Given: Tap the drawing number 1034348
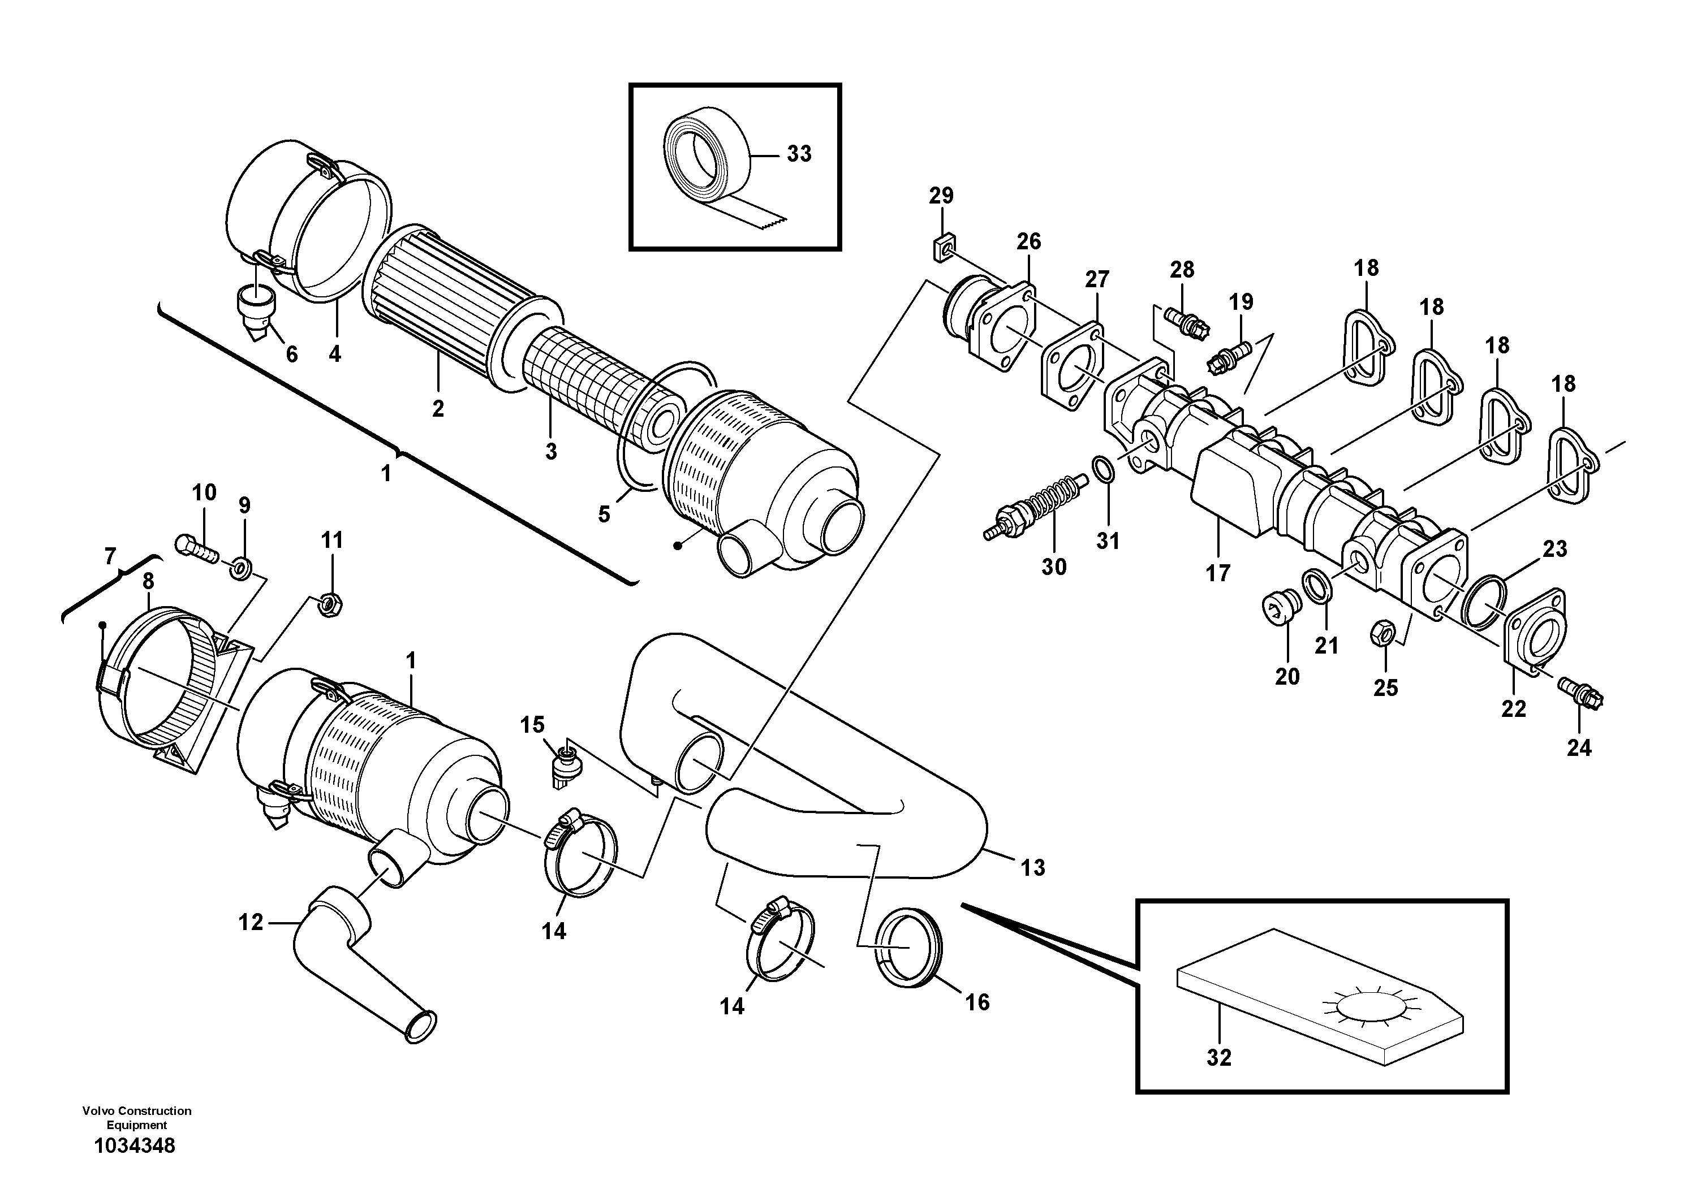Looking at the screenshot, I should click(x=135, y=1146).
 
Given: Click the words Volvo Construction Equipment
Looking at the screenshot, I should click(x=136, y=1117).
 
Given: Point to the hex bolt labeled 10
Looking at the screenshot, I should click(x=196, y=548).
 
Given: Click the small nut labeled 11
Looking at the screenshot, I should click(x=330, y=604).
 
